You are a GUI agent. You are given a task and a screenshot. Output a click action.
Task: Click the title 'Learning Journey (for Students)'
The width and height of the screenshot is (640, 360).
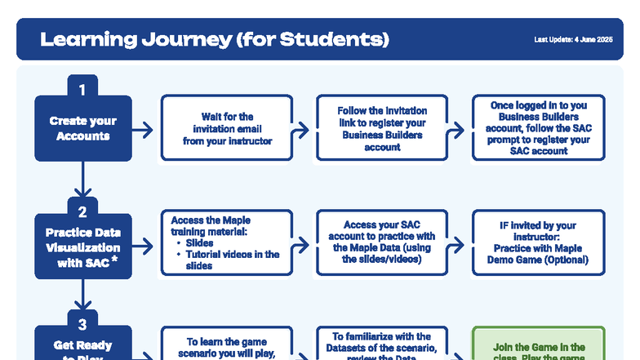[215, 39]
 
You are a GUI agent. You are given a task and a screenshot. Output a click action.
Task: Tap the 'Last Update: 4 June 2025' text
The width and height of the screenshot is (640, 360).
[573, 40]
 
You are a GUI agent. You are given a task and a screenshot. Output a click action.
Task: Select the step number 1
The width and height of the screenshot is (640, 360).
[82, 86]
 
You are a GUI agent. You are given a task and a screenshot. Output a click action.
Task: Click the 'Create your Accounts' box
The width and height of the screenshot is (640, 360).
[82, 128]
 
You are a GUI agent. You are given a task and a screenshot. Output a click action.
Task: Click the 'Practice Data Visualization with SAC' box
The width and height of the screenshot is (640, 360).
[82, 247]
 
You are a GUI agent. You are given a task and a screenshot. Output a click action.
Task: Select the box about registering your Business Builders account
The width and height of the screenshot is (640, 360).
[382, 128]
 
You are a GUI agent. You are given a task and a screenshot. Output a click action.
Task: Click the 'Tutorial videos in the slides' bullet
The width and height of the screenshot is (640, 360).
[231, 260]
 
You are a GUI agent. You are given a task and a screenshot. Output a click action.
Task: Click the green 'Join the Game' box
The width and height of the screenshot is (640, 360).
[538, 347]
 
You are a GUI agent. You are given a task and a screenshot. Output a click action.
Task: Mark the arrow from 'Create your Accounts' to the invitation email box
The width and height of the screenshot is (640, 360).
[144, 129]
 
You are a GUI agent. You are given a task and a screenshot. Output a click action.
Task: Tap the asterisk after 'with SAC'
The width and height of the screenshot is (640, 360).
[114, 260]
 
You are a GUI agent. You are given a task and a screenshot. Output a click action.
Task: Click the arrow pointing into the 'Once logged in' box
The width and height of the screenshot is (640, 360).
[460, 129]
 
